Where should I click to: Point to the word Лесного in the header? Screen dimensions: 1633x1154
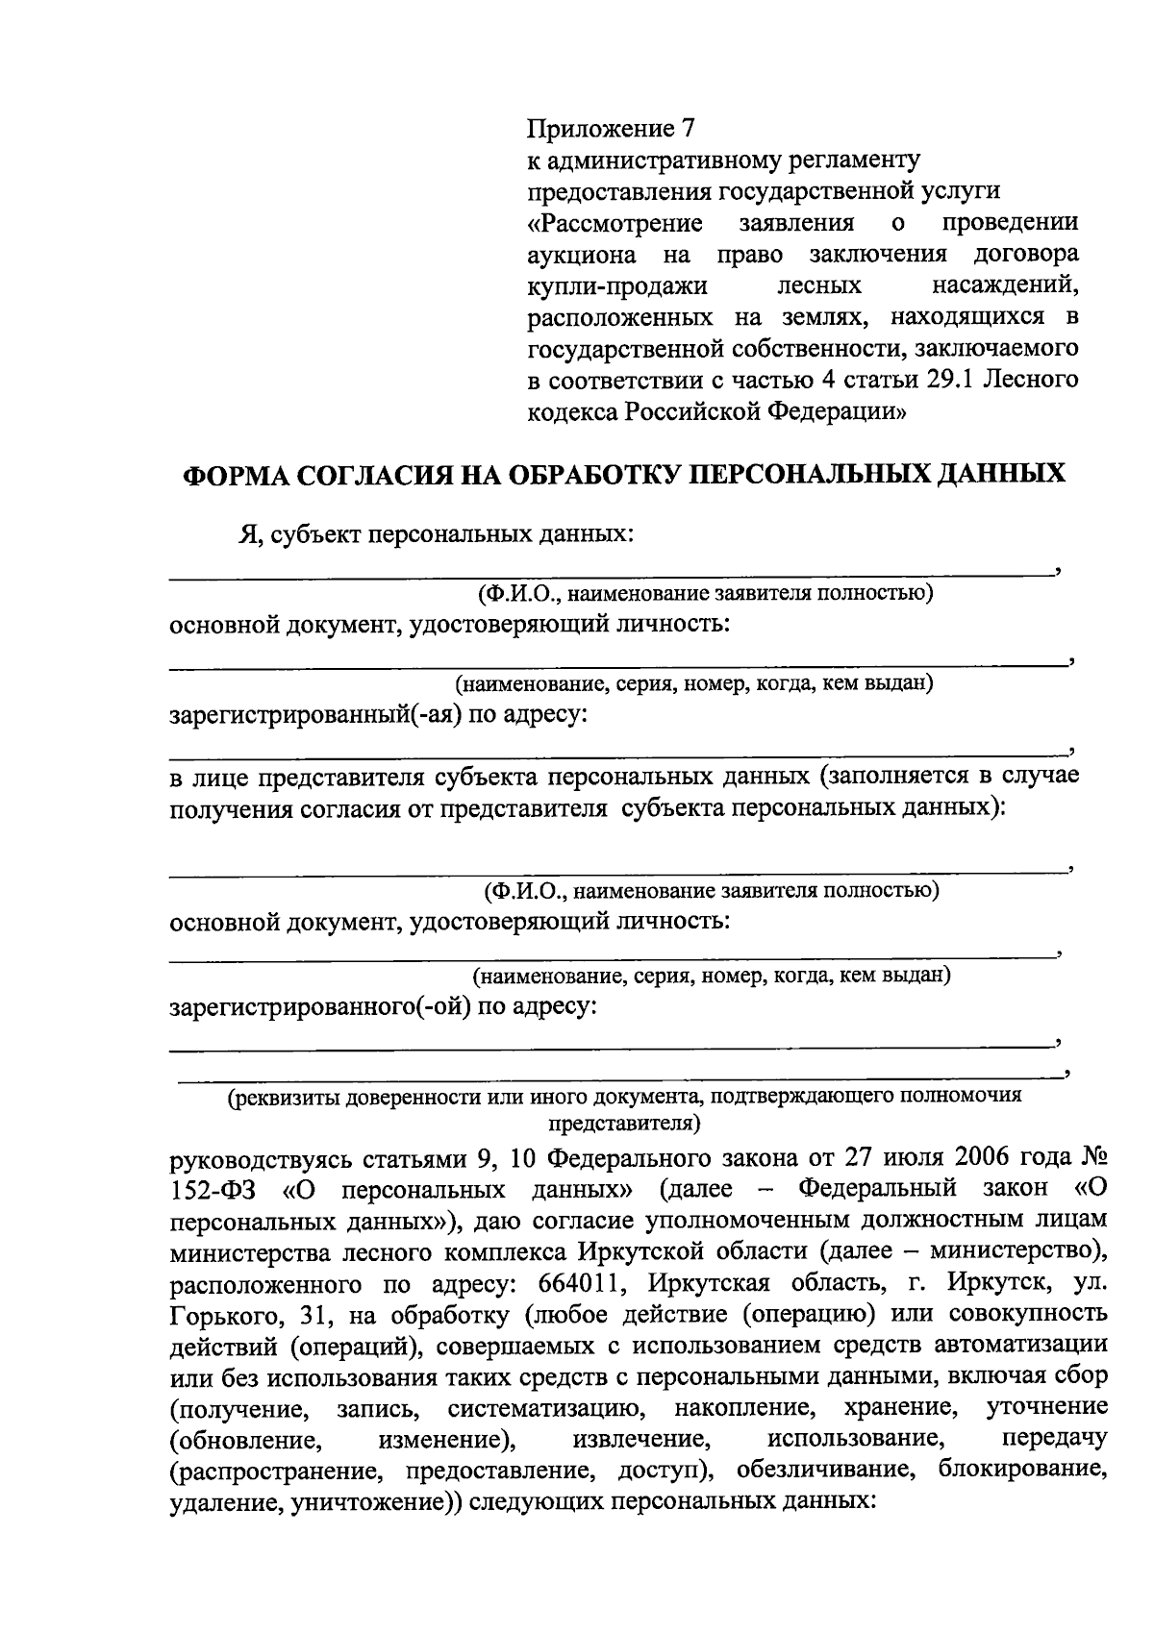(x=1030, y=381)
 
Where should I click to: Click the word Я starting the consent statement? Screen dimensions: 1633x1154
(x=247, y=534)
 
